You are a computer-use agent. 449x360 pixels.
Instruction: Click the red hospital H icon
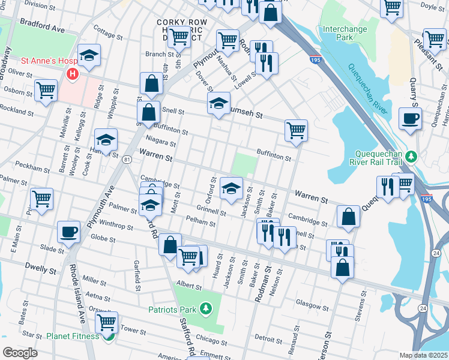pyautogui.click(x=73, y=74)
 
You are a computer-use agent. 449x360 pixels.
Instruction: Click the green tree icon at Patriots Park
pyautogui.click(x=206, y=308)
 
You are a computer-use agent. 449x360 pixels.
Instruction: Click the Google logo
pyautogui.click(x=20, y=352)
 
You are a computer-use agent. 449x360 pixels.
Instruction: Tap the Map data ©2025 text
pyautogui.click(x=423, y=355)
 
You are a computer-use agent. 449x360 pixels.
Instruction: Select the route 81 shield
pyautogui.click(x=127, y=160)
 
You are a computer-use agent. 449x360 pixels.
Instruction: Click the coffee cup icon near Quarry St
pyautogui.click(x=410, y=118)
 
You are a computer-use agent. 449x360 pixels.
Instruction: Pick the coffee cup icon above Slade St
pyautogui.click(x=68, y=232)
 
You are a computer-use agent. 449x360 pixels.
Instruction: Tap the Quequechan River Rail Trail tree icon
pyautogui.click(x=411, y=157)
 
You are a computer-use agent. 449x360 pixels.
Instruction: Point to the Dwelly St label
pyautogui.click(x=40, y=265)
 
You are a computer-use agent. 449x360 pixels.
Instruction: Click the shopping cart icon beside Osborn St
pyautogui.click(x=46, y=90)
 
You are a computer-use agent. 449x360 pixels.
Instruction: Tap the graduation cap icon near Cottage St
pyautogui.click(x=89, y=55)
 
